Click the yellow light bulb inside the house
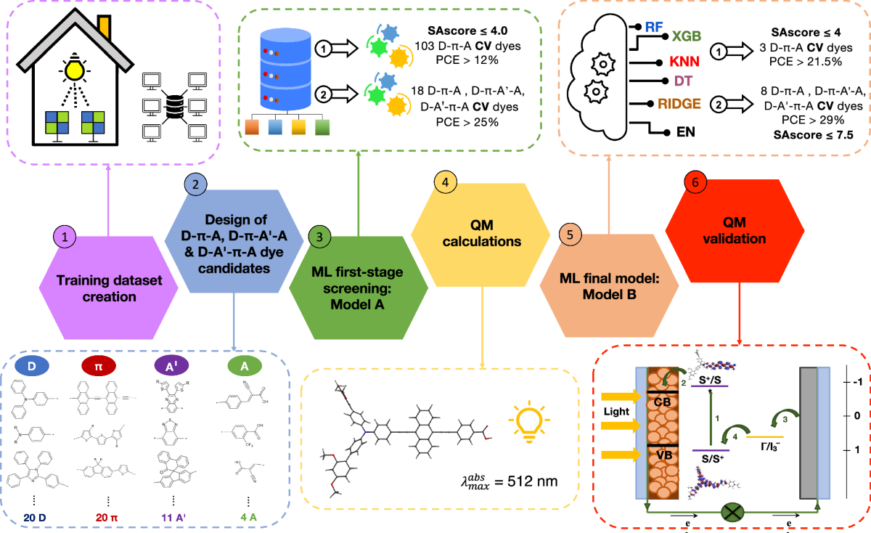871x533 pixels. tap(72, 70)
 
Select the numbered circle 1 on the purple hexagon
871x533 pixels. tap(65, 236)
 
